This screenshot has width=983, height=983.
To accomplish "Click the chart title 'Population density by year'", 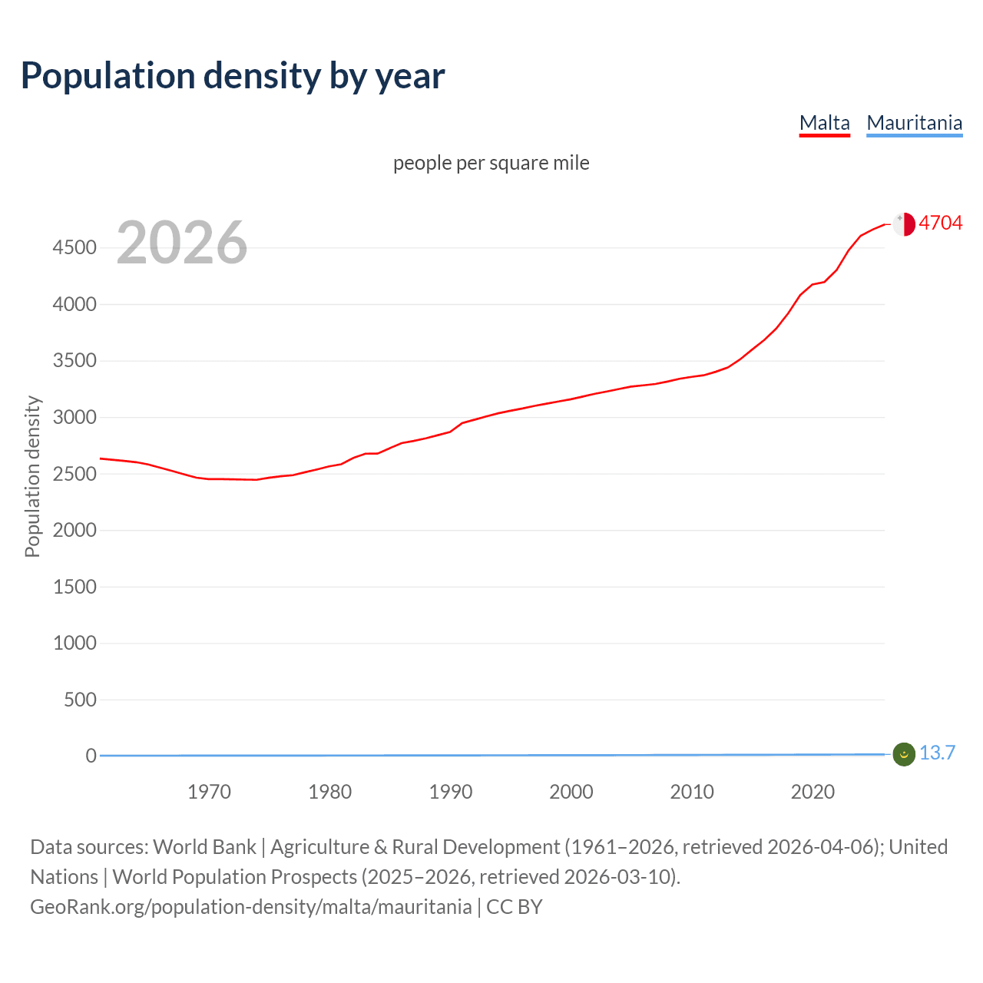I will pos(233,76).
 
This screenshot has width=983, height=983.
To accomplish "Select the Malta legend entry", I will pos(824,123).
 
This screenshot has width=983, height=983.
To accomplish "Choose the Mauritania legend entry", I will pos(914,123).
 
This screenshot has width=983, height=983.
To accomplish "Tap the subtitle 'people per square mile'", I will pos(491,163).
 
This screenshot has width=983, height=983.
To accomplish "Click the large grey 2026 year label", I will pos(182,243).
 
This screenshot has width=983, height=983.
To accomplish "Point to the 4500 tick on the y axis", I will pos(74,248).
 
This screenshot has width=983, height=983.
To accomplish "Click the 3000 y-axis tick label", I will pos(74,418).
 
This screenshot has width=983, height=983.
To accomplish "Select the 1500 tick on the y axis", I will pos(74,587).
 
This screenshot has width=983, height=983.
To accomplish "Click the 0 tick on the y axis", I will pos(91,756).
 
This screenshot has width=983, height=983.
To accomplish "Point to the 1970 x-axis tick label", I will pos(209,792).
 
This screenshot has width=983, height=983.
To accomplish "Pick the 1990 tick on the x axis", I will pos(451,792).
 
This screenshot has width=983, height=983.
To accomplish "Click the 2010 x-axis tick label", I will pos(692,792).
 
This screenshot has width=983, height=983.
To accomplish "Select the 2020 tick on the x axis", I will pos(813,792).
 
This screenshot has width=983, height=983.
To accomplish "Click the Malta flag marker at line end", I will pos(904,224).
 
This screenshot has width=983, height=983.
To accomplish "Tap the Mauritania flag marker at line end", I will pos(904,755).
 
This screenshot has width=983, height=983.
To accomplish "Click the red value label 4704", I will pos(940,223).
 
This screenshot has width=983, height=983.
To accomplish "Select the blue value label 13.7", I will pos(937,753).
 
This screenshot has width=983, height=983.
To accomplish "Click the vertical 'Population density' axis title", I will pos(32,476).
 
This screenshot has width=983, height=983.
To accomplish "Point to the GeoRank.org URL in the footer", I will pos(250,907).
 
